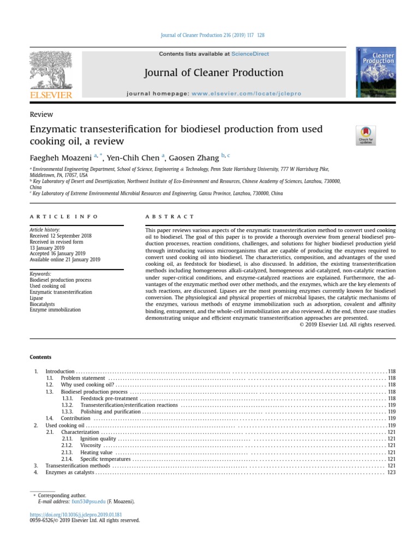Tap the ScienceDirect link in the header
pos(250,54)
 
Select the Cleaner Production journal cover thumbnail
pos(375,73)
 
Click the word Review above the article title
pos(41,114)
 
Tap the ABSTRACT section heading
pos(170,217)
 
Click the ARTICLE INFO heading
pos(63,217)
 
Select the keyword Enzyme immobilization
pos(55,310)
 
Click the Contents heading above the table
pos(41,357)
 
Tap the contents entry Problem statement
pos(83,378)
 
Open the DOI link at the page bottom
pos(75,514)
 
